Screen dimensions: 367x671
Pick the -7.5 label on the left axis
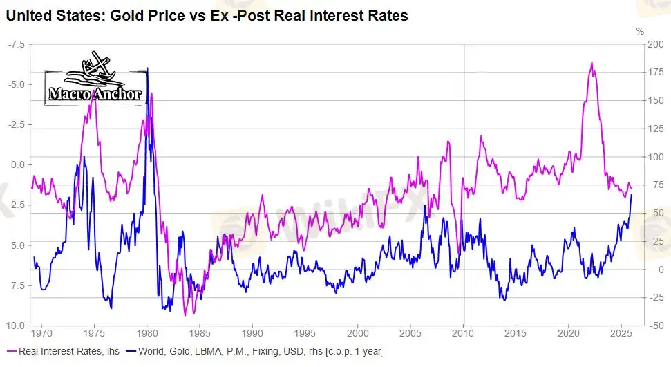click(x=16, y=44)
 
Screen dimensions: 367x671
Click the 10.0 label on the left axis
click(x=16, y=326)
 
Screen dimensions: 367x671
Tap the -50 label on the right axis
click(x=656, y=326)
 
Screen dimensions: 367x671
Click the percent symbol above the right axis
click(x=639, y=31)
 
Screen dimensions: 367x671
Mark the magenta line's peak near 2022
click(x=592, y=63)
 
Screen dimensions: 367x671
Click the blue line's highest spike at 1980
click(x=147, y=68)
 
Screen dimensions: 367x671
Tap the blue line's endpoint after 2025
click(x=632, y=194)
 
